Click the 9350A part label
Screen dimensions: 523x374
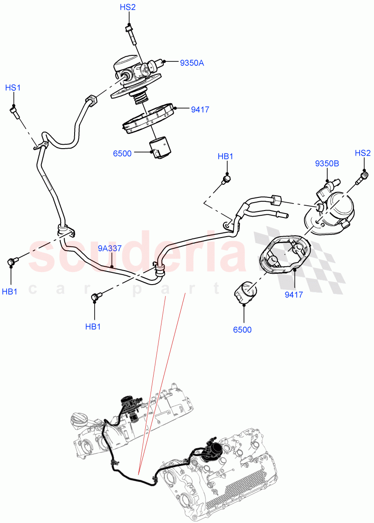pyautogui.click(x=192, y=63)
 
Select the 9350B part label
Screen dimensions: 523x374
pyautogui.click(x=327, y=164)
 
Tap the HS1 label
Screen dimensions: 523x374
pyautogui.click(x=13, y=88)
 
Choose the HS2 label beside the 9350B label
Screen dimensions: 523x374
pyautogui.click(x=363, y=153)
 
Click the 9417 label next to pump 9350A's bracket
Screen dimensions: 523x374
pyautogui.click(x=200, y=110)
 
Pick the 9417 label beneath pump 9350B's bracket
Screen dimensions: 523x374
pyautogui.click(x=294, y=295)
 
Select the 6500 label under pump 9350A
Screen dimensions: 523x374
pyautogui.click(x=122, y=153)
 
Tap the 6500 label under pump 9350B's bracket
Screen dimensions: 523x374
pyautogui.click(x=242, y=330)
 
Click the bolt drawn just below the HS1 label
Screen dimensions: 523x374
pyautogui.click(x=14, y=112)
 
